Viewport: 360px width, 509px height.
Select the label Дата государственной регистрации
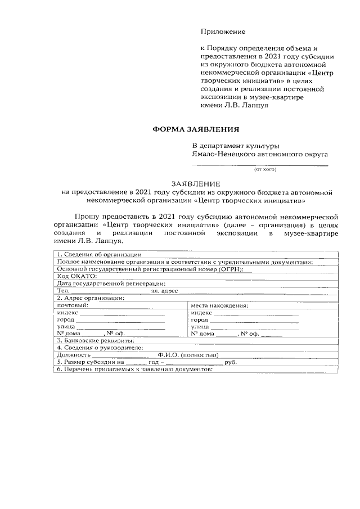(111, 283)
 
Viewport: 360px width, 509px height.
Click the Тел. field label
(62, 291)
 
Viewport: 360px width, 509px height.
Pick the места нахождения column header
(219, 305)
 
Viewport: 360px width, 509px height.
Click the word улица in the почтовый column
(66, 326)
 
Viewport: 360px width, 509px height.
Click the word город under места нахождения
(200, 319)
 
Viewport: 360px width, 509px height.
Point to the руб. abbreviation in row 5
(230, 362)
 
